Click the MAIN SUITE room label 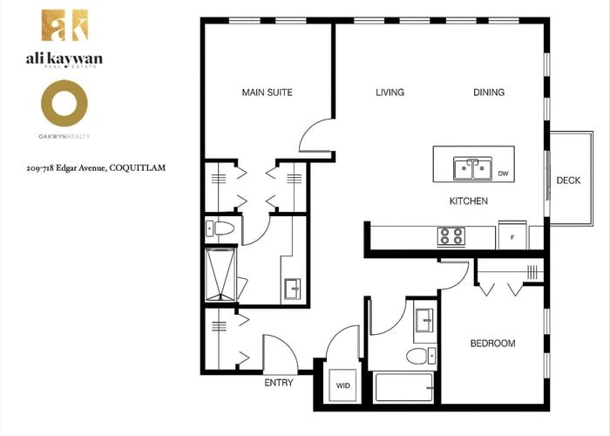click(267, 92)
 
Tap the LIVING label click(390, 92)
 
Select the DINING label click(489, 92)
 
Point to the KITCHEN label click(469, 201)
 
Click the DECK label click(568, 181)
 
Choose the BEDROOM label click(492, 344)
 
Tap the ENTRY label click(279, 383)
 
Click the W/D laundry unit click(342, 385)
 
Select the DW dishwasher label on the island click(503, 174)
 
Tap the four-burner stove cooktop click(451, 236)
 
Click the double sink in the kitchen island click(472, 168)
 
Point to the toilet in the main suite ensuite click(220, 228)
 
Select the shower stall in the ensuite click(220, 275)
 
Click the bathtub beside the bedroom click(403, 387)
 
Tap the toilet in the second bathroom click(421, 356)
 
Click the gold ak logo click(65, 25)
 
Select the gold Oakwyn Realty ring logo click(64, 103)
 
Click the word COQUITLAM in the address click(138, 167)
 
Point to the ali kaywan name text click(64, 58)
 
